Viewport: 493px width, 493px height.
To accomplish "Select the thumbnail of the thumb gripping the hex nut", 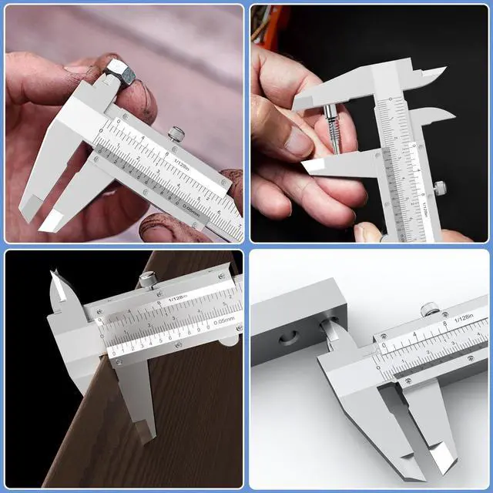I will pos(77,69).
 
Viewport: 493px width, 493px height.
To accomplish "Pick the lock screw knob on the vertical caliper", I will pos(440,188).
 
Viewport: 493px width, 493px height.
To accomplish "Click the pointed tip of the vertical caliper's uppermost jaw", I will pos(444,72).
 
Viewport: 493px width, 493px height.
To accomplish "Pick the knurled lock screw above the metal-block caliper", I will pos(430,309).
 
